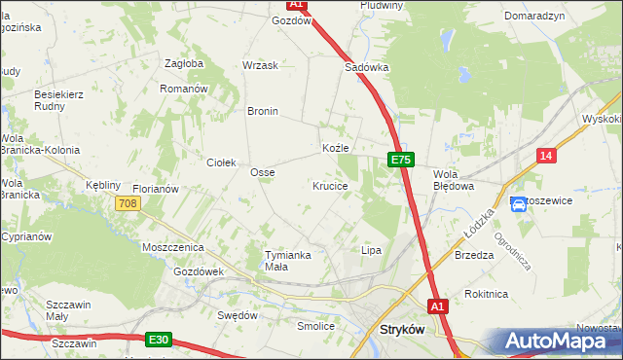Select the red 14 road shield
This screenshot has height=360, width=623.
(546, 157)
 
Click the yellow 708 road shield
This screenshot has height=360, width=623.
(127, 203)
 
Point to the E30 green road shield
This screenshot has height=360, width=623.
(160, 340)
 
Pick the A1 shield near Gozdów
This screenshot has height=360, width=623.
(298, 5)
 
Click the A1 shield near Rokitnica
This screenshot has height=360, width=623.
(438, 306)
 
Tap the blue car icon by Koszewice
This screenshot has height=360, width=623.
(519, 203)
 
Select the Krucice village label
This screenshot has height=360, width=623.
(330, 185)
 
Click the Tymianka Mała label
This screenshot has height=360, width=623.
(288, 261)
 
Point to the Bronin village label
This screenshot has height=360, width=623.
(263, 111)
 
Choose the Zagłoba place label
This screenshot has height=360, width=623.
(184, 64)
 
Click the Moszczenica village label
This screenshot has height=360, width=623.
(171, 248)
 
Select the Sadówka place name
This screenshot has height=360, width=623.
(367, 68)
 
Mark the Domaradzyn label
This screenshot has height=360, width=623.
(535, 18)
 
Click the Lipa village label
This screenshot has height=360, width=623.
(371, 250)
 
